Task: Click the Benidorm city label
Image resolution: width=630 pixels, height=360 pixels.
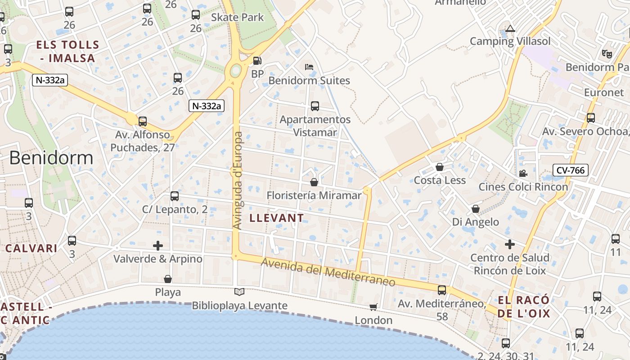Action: click(x=51, y=158)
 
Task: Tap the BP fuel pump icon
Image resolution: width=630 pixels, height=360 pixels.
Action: click(x=257, y=61)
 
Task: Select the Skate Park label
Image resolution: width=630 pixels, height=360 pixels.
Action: click(x=237, y=18)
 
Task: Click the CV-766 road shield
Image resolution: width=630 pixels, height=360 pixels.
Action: click(x=570, y=170)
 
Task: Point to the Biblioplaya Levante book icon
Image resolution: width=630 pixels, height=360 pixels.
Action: click(x=239, y=292)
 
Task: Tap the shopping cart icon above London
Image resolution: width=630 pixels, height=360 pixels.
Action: click(x=373, y=307)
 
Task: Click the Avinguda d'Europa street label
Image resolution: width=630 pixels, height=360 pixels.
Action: click(x=238, y=180)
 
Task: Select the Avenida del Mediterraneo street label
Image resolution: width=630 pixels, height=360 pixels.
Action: click(x=328, y=272)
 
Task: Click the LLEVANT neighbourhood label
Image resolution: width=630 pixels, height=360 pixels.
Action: click(x=276, y=218)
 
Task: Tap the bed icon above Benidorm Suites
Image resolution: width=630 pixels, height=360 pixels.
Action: click(x=309, y=67)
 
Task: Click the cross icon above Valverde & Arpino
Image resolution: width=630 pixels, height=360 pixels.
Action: click(x=157, y=246)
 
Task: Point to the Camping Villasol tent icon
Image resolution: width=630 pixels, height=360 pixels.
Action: click(x=510, y=29)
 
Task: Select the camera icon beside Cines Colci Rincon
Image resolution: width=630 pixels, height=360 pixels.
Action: click(x=523, y=173)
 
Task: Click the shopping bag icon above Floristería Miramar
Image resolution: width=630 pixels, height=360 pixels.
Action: click(x=314, y=182)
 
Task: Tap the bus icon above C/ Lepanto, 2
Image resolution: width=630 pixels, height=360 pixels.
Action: click(x=175, y=196)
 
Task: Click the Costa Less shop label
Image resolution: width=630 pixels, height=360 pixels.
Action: click(x=440, y=180)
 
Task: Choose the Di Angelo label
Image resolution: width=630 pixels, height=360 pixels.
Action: click(x=476, y=222)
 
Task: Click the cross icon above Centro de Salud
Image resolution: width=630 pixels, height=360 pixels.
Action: click(x=509, y=244)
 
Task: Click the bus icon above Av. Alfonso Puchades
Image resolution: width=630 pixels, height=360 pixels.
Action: click(x=143, y=121)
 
